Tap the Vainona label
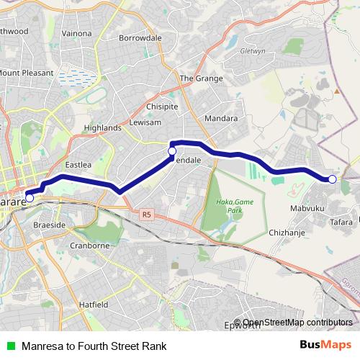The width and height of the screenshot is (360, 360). click(x=76, y=33)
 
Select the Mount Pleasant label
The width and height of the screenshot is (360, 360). click(x=26, y=73)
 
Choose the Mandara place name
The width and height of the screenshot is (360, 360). click(x=220, y=117)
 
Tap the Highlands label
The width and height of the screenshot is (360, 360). click(x=102, y=127)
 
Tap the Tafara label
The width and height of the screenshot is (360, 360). click(x=341, y=222)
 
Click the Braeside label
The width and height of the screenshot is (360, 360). click(x=50, y=225)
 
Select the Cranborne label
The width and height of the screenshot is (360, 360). click(x=89, y=246)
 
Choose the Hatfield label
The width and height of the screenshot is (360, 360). click(x=94, y=305)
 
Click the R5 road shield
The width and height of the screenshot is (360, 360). click(x=147, y=214)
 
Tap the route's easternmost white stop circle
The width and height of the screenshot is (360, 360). click(x=332, y=179)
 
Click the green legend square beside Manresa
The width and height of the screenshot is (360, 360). click(x=10, y=345)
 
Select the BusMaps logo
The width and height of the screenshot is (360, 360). click(x=326, y=344)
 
